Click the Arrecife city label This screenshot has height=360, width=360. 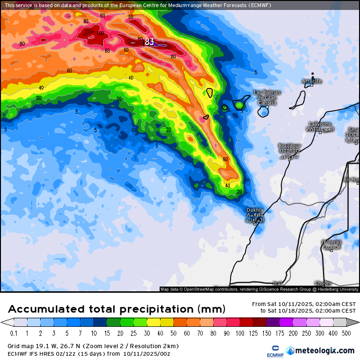click(x=312, y=81)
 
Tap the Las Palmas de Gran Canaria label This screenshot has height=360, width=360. click(x=267, y=97)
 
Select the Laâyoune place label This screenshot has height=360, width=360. click(x=320, y=126)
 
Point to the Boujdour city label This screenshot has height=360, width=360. click(x=289, y=149)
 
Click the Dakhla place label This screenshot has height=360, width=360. click(x=255, y=215)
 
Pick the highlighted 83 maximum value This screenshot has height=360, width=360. click(x=149, y=42)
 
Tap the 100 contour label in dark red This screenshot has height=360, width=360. click(x=100, y=34)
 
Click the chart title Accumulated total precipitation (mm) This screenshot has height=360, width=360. click(x=117, y=309)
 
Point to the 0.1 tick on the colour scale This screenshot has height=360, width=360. click(x=14, y=333)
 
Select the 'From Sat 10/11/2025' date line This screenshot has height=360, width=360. click(x=304, y=304)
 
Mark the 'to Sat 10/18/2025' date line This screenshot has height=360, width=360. click(x=307, y=311)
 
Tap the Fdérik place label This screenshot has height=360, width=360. click(x=331, y=244)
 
